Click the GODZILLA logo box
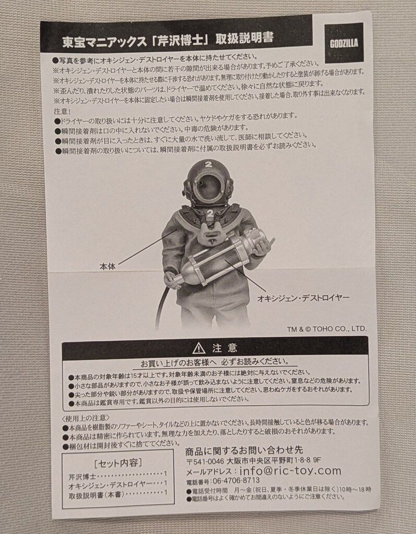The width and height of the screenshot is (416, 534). [344, 43]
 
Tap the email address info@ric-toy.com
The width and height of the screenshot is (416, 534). [290, 471]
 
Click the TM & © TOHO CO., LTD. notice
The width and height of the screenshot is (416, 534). [327, 329]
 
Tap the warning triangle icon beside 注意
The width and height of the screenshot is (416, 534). [197, 347]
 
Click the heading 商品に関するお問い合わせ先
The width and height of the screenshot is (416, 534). [244, 450]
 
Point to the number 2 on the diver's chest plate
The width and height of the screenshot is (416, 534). [209, 214]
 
